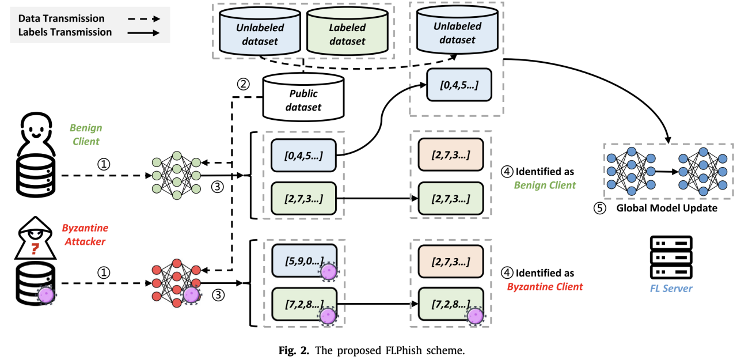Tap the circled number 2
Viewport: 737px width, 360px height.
click(244, 84)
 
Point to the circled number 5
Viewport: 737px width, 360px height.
click(601, 208)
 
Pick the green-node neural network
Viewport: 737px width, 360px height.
click(176, 175)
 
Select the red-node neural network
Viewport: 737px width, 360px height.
click(176, 282)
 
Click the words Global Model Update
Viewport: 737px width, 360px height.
click(667, 208)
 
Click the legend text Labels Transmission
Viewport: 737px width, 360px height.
click(65, 32)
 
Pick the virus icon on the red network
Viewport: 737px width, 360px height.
click(191, 294)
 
